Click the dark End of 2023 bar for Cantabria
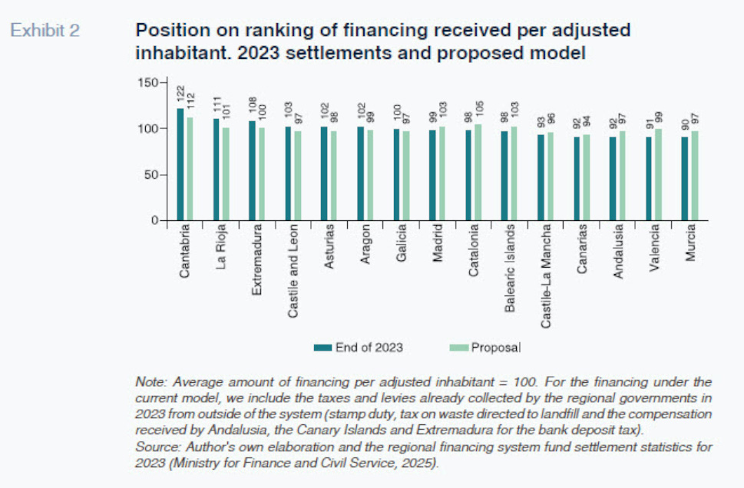180,165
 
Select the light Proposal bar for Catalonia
478,173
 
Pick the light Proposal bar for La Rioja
225,174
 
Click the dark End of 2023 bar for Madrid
432,176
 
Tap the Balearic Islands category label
510,267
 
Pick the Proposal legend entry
495,348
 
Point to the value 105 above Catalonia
478,111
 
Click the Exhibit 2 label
44,30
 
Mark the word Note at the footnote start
149,381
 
